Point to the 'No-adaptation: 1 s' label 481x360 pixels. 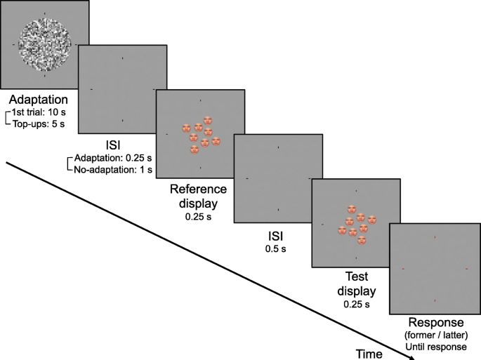[x=113, y=170]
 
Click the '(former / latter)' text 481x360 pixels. [x=435, y=335]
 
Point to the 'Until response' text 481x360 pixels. [x=436, y=347]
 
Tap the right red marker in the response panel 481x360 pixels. [x=466, y=269]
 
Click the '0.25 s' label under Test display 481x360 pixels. [x=355, y=305]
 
